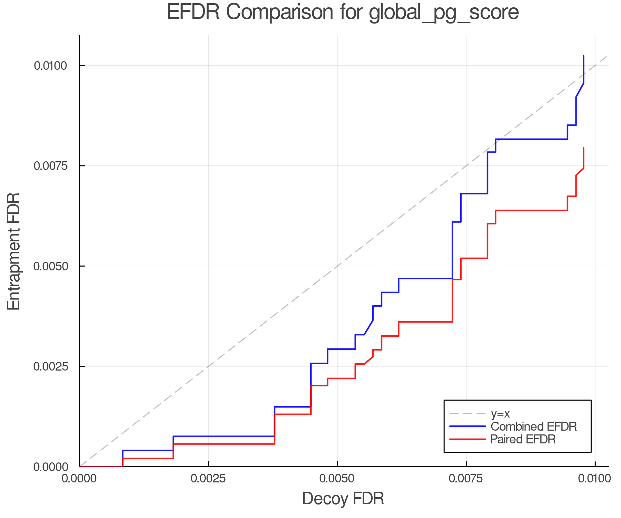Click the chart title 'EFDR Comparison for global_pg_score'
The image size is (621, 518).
(x=343, y=12)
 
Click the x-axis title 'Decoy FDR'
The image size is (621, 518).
(x=343, y=499)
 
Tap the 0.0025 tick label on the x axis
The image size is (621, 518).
(x=208, y=479)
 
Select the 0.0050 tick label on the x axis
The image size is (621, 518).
(x=337, y=479)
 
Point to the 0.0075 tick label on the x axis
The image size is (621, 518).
(x=466, y=479)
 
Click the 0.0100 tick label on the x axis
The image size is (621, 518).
(x=595, y=479)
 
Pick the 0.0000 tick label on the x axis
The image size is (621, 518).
(x=79, y=479)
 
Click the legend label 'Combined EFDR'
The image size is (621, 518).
(x=533, y=426)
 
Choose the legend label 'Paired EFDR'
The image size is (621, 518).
(x=523, y=439)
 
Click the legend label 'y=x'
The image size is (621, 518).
(x=500, y=413)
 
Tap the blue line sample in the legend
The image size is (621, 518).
(x=467, y=426)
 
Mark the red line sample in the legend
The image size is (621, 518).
(x=467, y=439)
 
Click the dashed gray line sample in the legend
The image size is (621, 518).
(x=467, y=413)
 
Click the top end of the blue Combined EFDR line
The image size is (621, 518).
(x=583, y=56)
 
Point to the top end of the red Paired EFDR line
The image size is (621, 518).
(x=583, y=148)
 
